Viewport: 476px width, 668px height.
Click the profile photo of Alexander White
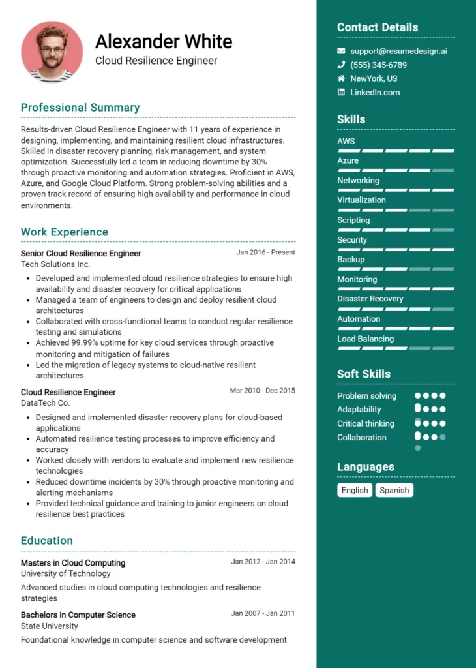click(x=52, y=52)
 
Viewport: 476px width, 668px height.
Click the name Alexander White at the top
click(x=164, y=42)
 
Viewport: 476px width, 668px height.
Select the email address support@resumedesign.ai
click(x=398, y=51)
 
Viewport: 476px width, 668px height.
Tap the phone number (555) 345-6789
click(x=378, y=65)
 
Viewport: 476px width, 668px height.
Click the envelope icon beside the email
click(x=341, y=51)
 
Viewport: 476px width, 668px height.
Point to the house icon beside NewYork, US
click(x=341, y=78)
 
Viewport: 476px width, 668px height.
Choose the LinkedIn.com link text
click(x=375, y=92)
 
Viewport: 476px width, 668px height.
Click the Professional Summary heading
click(x=80, y=108)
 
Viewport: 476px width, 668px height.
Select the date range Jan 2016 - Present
click(x=265, y=252)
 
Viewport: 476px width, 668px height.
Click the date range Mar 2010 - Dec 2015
click(x=262, y=391)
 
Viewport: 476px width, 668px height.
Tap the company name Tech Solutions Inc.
click(x=55, y=264)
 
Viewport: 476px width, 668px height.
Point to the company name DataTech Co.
click(x=46, y=403)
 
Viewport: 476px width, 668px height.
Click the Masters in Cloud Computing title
click(x=73, y=563)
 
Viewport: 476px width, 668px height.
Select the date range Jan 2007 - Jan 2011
click(x=263, y=613)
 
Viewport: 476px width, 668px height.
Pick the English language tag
click(x=355, y=490)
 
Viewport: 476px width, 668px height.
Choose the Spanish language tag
click(x=394, y=490)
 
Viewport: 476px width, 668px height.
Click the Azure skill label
click(x=348, y=160)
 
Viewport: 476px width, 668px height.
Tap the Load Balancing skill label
click(x=365, y=339)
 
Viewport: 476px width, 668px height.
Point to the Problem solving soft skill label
click(x=366, y=396)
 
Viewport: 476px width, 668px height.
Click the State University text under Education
click(x=50, y=626)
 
